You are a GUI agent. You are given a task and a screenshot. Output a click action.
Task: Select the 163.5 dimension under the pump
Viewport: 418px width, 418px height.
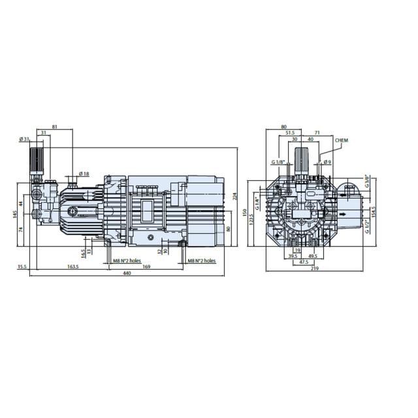[72, 266]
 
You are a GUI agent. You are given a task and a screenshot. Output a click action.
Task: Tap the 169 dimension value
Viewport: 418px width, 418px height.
[147, 266]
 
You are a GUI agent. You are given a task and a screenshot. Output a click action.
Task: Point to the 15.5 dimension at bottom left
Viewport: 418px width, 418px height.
[22, 266]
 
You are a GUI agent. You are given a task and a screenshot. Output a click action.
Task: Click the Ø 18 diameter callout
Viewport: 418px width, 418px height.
[84, 173]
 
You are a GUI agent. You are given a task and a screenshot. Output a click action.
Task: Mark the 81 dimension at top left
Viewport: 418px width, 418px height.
[54, 127]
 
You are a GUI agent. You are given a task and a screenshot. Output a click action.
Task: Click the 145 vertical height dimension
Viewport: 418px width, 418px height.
[14, 215]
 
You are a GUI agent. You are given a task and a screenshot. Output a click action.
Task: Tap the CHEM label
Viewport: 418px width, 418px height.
[342, 140]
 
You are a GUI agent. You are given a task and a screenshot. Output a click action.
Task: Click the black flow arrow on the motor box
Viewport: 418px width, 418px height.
[342, 213]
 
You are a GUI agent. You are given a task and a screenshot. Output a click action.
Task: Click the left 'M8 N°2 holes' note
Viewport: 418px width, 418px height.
[125, 260]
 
